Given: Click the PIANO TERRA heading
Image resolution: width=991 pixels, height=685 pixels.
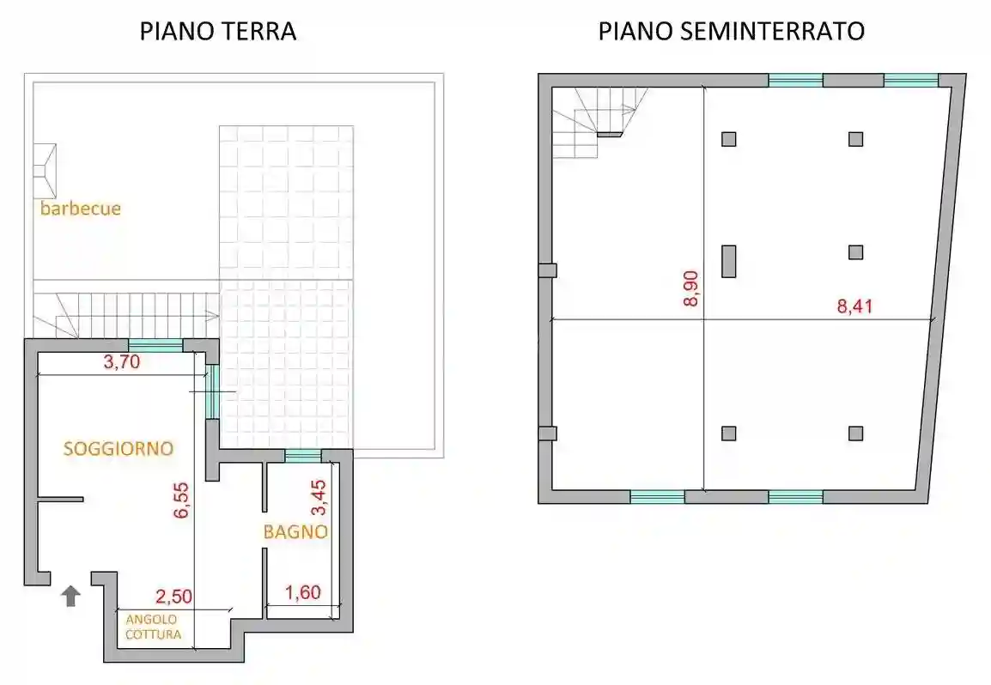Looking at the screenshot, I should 218,32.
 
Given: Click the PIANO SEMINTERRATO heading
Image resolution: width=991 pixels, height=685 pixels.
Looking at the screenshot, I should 731,32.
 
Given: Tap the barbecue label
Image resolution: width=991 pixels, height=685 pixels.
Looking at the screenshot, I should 80,208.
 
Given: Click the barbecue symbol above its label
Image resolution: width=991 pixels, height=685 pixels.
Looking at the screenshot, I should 46,171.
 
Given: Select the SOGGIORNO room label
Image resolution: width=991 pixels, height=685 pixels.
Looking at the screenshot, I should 119,448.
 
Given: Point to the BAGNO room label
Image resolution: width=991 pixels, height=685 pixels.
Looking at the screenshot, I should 295,532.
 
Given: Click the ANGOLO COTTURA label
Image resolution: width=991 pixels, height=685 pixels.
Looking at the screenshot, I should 153,627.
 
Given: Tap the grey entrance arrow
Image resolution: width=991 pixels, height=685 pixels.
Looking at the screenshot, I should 71,596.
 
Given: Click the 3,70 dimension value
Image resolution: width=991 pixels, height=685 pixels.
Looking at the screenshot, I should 121,362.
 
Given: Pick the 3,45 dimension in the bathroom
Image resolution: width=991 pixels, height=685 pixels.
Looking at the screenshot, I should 318,497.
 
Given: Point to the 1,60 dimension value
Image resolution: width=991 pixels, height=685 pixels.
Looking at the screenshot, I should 302,592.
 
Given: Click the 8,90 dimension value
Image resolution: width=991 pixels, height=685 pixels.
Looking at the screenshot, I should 691,288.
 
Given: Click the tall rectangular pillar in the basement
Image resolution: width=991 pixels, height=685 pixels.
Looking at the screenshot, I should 728,261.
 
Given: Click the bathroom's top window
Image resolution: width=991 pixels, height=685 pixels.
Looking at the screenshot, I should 302,456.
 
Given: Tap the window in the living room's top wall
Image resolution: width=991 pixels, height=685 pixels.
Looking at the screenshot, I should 155,346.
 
